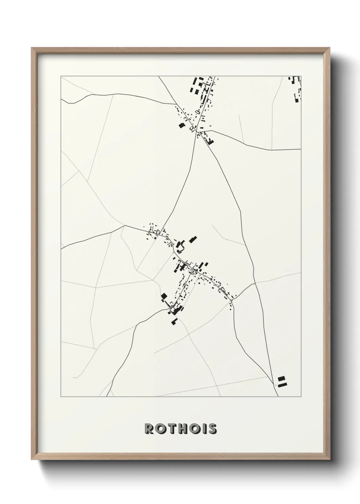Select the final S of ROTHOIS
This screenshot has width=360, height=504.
(212, 429)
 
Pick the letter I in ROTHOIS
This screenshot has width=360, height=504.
(204, 429)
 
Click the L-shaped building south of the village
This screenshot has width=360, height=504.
(174, 321)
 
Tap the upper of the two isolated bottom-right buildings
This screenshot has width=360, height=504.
(281, 378)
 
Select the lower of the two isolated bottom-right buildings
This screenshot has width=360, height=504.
(282, 384)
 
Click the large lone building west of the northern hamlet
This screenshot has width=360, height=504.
(181, 125)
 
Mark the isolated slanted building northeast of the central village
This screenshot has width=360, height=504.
(193, 239)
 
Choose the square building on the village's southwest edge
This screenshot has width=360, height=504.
(164, 296)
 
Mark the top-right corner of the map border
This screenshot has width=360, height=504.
(301, 76)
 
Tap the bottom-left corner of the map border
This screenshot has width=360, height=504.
(61, 397)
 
